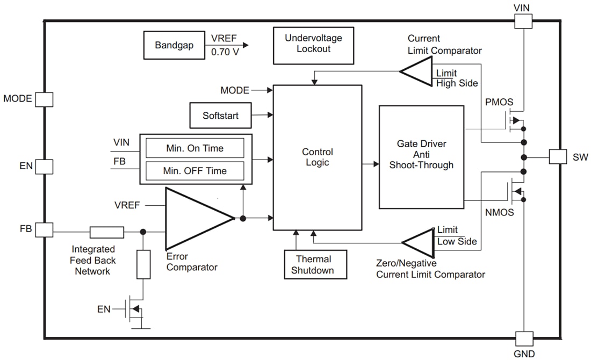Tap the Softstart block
221,116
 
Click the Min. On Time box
194,148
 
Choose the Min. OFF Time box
194,171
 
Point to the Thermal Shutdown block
315,265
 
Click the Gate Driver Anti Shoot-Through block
421,156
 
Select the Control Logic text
317,157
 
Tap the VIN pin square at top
523,21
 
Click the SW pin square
558,157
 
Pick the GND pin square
524,339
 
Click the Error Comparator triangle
193,218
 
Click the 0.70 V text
225,53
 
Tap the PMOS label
499,102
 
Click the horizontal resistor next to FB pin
107,232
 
